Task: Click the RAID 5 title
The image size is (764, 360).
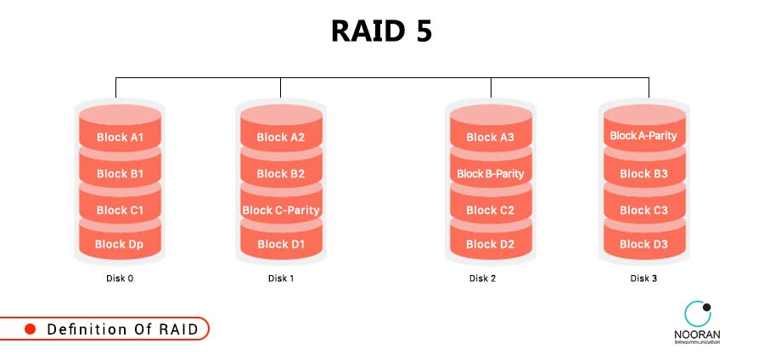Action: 381,31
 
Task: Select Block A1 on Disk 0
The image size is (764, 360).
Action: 120,137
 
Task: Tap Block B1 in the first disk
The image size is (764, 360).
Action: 120,173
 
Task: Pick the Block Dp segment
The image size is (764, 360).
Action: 120,244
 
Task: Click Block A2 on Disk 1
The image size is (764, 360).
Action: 280,137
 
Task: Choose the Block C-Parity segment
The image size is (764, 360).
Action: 280,210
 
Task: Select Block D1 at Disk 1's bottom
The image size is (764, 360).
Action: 280,244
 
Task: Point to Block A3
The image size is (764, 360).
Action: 490,137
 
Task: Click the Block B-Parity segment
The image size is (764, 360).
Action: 490,173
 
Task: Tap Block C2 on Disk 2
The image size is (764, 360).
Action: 490,210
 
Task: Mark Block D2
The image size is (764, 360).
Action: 490,244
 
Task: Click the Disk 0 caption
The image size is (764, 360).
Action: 120,278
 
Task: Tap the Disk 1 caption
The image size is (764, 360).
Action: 280,278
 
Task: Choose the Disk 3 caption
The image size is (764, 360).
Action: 643,278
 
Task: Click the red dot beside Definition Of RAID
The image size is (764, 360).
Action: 30,329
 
